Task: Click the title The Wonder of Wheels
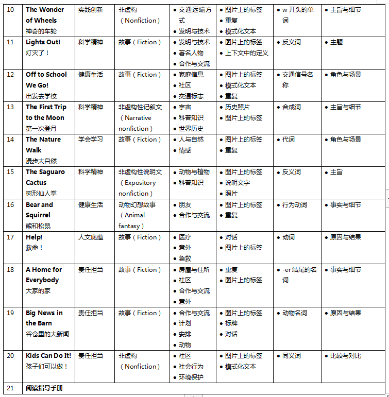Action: [x=45, y=15]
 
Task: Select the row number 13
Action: [x=10, y=107]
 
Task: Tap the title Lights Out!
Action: [x=43, y=42]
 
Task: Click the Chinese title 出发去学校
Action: [x=41, y=96]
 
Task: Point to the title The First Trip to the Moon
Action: [x=46, y=112]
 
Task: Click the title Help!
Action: [x=34, y=237]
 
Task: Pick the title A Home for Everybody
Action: [x=44, y=275]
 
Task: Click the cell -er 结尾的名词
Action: [x=299, y=275]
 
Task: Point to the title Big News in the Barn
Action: [x=44, y=318]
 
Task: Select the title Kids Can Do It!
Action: [x=48, y=356]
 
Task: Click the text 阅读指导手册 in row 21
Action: [x=44, y=388]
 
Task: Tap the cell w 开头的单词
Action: [x=298, y=15]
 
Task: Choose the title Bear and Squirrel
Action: [x=39, y=210]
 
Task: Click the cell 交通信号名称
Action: [x=297, y=80]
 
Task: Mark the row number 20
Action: [x=10, y=356]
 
